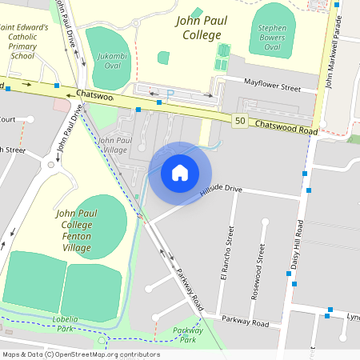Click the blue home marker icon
click(180, 173)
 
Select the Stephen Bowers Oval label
click(272, 36)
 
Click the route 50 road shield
click(240, 121)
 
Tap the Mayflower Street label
click(271, 82)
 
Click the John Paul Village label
click(112, 145)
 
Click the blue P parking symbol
click(170, 93)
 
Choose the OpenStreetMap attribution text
click(81, 354)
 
